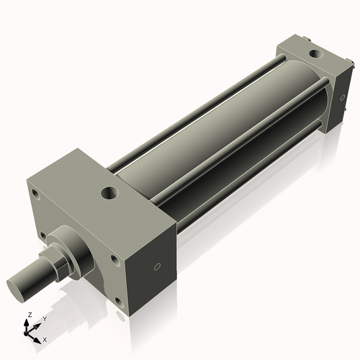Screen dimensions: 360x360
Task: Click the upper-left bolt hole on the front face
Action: tap(35, 193)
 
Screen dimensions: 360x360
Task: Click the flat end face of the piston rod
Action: tap(19, 286)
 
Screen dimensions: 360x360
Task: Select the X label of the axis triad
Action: tap(45, 338)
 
